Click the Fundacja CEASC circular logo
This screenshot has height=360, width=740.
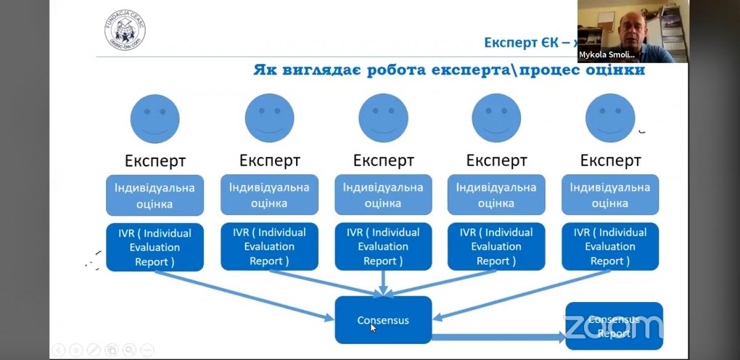click(x=125, y=30)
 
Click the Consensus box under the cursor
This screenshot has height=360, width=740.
click(x=383, y=320)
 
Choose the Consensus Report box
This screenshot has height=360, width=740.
click(x=614, y=326)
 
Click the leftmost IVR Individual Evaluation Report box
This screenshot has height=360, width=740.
click(x=155, y=247)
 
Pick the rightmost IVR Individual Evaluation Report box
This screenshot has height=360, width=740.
click(x=610, y=247)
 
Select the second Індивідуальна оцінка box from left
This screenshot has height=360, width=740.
click(x=269, y=195)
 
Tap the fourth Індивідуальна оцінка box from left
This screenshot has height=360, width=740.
click(x=496, y=195)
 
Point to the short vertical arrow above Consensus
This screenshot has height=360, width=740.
click(x=383, y=283)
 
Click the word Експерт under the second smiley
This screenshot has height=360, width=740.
click(x=269, y=161)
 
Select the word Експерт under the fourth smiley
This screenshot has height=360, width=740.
click(x=496, y=161)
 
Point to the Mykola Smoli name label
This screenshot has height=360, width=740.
click(x=607, y=55)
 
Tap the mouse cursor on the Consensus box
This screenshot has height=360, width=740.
click(x=373, y=327)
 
